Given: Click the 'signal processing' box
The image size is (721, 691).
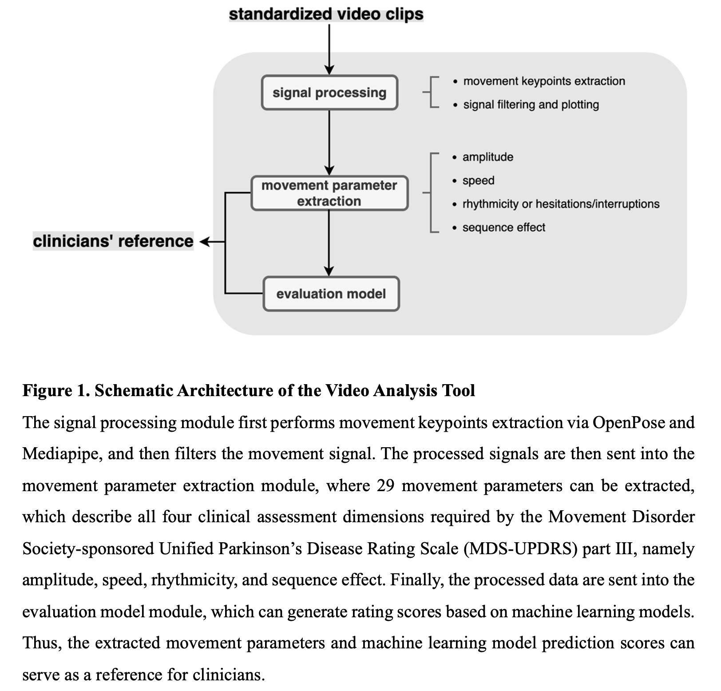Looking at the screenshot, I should coord(329,93).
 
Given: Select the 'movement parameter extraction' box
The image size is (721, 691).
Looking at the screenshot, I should coord(329,193).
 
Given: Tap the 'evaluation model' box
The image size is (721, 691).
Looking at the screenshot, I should coord(331,294).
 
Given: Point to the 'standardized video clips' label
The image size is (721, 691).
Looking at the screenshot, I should coord(326,14).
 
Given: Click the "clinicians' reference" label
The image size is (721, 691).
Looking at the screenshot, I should coord(113,241).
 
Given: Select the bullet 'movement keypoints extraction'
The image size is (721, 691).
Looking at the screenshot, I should coord(544,81).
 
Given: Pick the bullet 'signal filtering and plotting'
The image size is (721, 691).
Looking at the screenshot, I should coord(531,105).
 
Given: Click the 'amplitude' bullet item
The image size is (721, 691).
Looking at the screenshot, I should coord(487,157).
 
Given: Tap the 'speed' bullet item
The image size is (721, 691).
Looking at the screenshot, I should coord(478,181).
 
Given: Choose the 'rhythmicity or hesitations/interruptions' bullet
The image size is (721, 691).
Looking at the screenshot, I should coord(561,204).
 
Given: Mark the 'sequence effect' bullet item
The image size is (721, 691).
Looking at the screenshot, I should coord(503,227).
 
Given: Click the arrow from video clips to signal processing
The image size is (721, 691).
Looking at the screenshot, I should coord(329,49).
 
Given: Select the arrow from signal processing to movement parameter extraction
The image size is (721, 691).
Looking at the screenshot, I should coord(329,142).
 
